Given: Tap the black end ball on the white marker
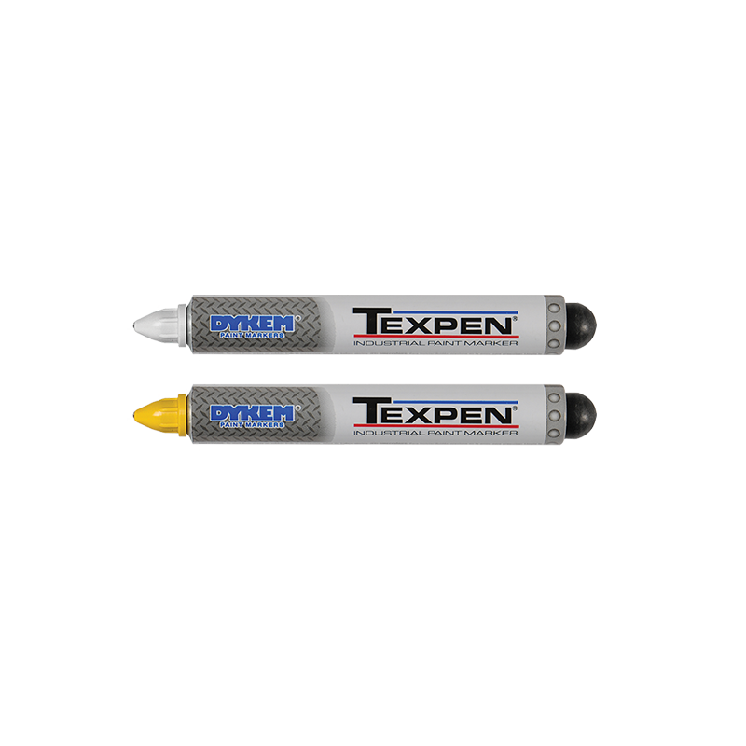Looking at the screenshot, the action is point(581,325).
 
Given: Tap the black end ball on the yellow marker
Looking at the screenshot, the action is point(581,414).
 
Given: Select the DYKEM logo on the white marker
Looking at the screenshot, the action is point(252,324).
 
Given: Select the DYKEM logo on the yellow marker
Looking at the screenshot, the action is point(252,413).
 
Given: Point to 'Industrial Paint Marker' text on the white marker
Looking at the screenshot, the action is point(435,343).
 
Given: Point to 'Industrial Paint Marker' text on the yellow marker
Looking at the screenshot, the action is point(435,433).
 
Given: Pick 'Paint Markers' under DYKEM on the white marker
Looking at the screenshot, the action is point(252,335).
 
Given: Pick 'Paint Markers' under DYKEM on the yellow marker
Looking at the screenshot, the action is point(252,424).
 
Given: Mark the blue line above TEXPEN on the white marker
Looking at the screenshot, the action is point(455,312).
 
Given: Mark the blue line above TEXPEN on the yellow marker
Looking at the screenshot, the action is point(455,402).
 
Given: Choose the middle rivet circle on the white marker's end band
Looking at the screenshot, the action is point(554,325).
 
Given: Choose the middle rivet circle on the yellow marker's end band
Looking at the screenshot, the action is point(554,415).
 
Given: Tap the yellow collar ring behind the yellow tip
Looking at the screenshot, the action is point(182,415).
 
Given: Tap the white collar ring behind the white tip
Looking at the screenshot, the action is point(182,325).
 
